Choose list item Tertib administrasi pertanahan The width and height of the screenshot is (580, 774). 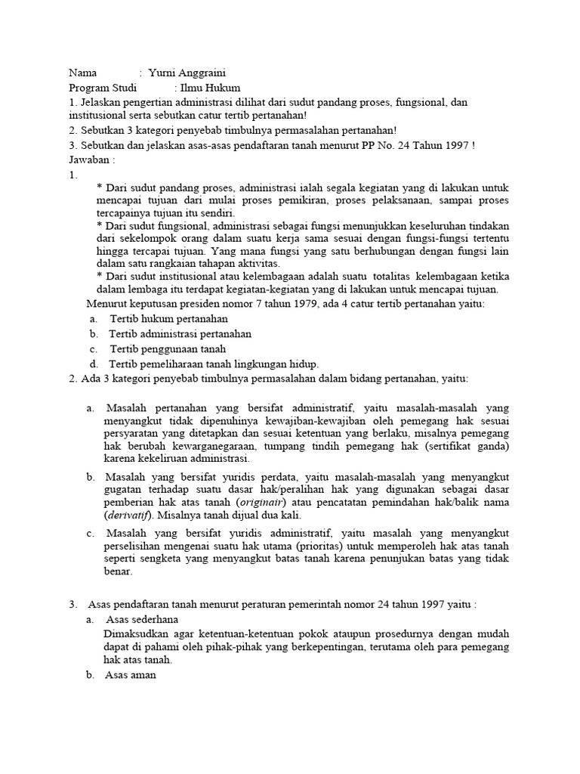[x=180, y=333]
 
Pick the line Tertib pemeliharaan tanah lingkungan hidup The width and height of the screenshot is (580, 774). [x=214, y=364]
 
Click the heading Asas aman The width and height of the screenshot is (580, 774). [x=131, y=676]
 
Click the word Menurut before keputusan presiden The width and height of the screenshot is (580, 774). [x=105, y=304]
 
